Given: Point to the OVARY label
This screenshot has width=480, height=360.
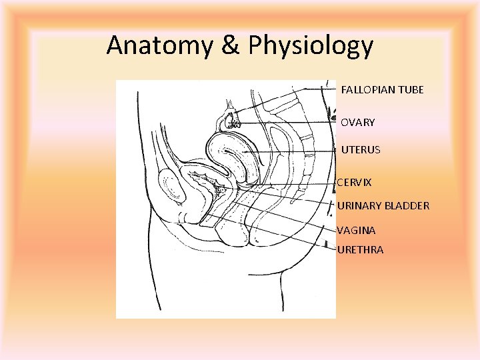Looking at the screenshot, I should click(x=357, y=123).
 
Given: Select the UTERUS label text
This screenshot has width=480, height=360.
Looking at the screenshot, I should click(x=361, y=150).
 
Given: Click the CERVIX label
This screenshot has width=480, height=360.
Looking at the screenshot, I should click(x=354, y=182).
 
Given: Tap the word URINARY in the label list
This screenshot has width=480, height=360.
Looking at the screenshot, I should click(x=359, y=205).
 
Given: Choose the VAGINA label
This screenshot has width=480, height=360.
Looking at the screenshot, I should click(x=356, y=230).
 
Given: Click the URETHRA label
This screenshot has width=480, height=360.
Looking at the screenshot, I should click(x=360, y=250).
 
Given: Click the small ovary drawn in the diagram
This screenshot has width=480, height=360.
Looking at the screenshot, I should click(x=231, y=120).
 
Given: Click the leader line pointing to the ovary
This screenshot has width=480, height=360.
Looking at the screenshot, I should click(x=287, y=123).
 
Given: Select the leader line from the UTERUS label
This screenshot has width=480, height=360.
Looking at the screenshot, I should click(x=287, y=152).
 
